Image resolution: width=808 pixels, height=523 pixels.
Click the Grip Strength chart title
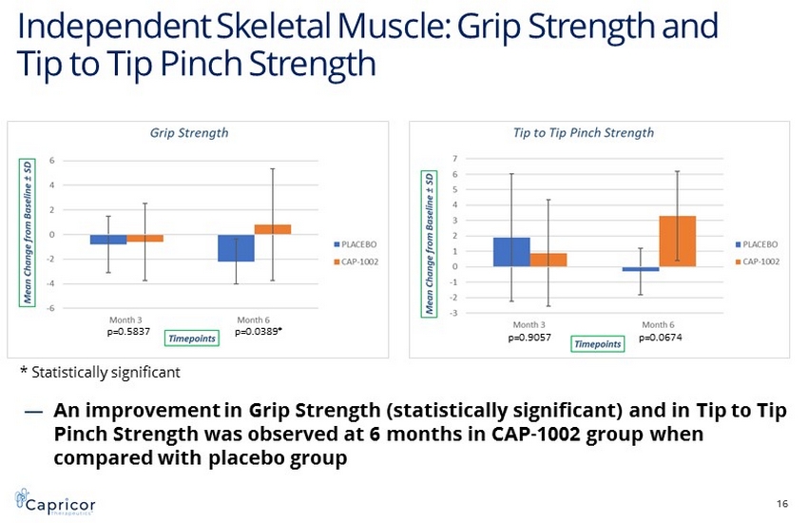coord(189,133)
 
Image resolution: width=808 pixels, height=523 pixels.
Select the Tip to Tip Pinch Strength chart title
coord(584,133)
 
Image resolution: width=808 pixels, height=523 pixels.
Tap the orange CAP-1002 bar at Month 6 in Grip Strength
coord(272,229)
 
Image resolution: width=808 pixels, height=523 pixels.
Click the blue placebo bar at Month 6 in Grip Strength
coord(236,247)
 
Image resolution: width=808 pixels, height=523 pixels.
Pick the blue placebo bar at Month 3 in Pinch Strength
coord(511,252)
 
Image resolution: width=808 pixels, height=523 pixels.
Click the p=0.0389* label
coord(259,333)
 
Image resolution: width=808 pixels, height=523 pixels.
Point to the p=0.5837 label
coord(127,333)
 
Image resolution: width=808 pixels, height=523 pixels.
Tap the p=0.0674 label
coord(661,338)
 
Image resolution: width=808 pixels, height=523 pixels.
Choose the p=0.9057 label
coord(529,338)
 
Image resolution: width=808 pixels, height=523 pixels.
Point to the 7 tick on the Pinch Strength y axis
coord(455,159)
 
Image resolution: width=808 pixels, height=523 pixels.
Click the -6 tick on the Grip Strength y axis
coord(51,308)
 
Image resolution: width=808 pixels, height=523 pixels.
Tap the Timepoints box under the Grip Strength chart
coord(192,338)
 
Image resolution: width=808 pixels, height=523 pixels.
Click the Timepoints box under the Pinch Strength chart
coord(597,343)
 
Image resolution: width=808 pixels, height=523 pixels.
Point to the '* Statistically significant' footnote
coord(100,372)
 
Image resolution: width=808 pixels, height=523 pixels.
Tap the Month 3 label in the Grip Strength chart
coord(126,320)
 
